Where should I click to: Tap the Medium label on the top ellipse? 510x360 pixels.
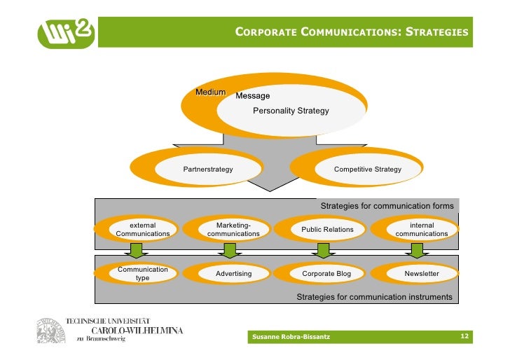tap(210, 92)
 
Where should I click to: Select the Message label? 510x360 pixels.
tap(252, 96)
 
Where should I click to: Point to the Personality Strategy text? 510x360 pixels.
tap(291, 111)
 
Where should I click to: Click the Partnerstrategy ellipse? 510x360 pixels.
tap(208, 169)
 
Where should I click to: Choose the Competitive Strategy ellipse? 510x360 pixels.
tap(367, 169)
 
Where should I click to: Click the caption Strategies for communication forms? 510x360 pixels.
tap(387, 206)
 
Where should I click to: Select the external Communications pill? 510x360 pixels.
tap(143, 229)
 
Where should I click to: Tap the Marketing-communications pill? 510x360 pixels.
tap(233, 229)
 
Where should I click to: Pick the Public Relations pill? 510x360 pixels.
tap(327, 230)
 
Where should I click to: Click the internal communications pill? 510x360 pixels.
tap(421, 229)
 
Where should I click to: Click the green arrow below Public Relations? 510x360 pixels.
tap(323, 250)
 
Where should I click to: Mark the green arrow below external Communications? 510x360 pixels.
tap(137, 250)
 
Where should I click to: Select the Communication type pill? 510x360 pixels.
tap(142, 273)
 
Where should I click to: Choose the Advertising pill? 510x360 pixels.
tap(233, 273)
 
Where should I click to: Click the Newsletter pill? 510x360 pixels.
tap(421, 273)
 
